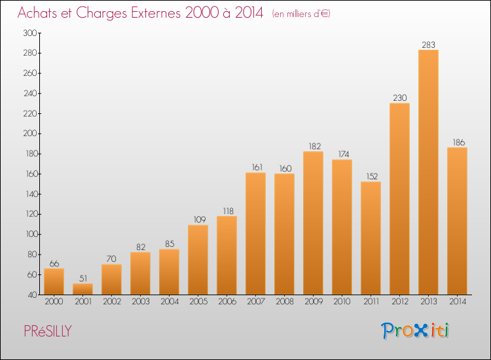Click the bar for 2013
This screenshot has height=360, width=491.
(x=428, y=172)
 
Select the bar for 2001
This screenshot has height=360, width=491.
(x=82, y=289)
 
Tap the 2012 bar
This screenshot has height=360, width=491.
(x=399, y=199)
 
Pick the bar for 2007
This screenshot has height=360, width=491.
(x=255, y=234)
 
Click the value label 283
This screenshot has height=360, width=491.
(x=428, y=45)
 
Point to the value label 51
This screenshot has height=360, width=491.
(x=83, y=278)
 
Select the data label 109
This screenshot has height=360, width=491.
(x=200, y=219)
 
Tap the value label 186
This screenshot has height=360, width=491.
(x=459, y=143)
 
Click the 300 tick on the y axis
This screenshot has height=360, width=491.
(x=30, y=33)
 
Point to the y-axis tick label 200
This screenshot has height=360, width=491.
(x=30, y=134)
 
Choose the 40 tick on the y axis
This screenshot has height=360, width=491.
(x=32, y=295)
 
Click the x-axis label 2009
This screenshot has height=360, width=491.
(x=314, y=302)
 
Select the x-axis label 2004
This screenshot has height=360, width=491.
(x=170, y=302)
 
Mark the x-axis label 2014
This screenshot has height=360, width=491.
(x=458, y=302)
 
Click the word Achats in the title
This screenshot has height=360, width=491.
(x=37, y=13)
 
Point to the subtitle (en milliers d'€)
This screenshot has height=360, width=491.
(x=301, y=14)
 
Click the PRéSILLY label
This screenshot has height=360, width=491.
(x=48, y=331)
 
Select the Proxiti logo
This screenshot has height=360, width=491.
(x=415, y=331)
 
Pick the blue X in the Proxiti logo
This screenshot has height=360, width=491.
(x=421, y=331)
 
